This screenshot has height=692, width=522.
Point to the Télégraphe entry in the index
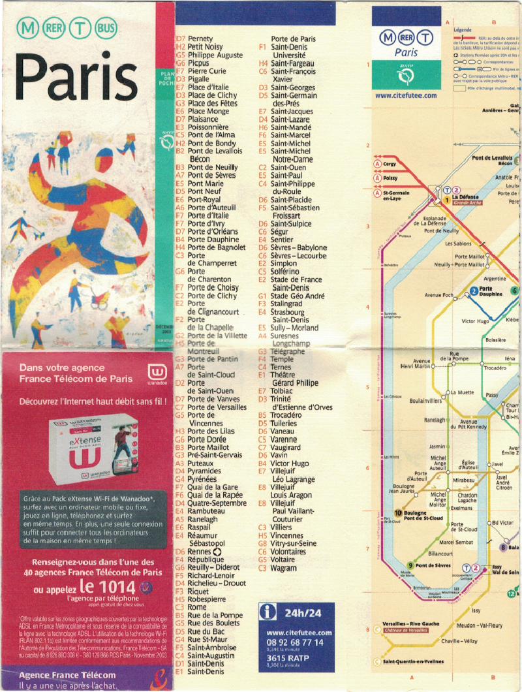coord(287,351)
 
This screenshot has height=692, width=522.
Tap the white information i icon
coord(268,612)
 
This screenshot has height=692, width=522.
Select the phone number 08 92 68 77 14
coord(295,643)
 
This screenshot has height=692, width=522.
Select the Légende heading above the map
coord(463,30)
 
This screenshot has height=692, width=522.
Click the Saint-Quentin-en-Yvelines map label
coord(413,662)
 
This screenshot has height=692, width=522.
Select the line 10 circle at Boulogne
coord(397,513)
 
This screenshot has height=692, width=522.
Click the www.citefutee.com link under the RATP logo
coord(406,95)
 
